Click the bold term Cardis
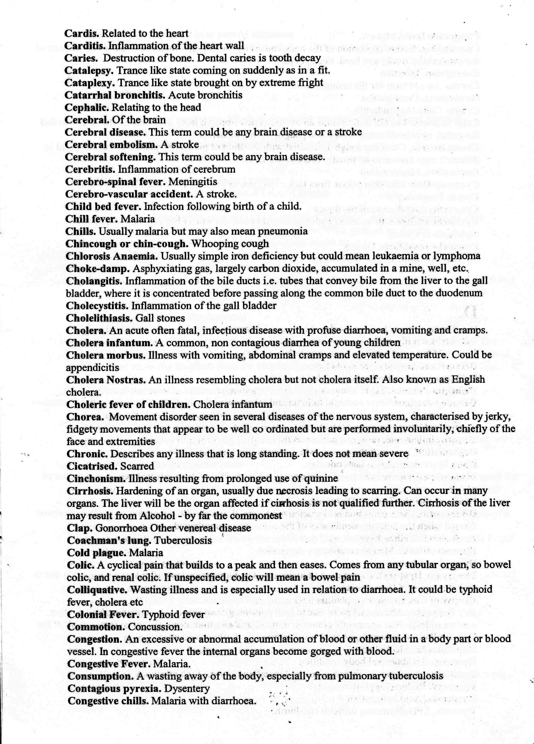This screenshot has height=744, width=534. point(82,34)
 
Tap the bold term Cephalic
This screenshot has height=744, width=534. point(87,108)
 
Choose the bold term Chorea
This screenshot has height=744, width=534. point(85,417)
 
